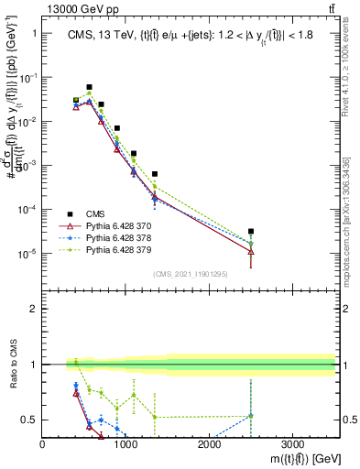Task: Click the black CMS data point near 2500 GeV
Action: point(251,232)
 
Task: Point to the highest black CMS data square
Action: point(89,87)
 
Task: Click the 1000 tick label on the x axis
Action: point(125,444)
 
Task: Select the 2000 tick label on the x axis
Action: point(209,444)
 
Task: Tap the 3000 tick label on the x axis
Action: point(292,444)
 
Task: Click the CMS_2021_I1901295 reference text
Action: point(190,274)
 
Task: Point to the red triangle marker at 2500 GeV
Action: point(251,251)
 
